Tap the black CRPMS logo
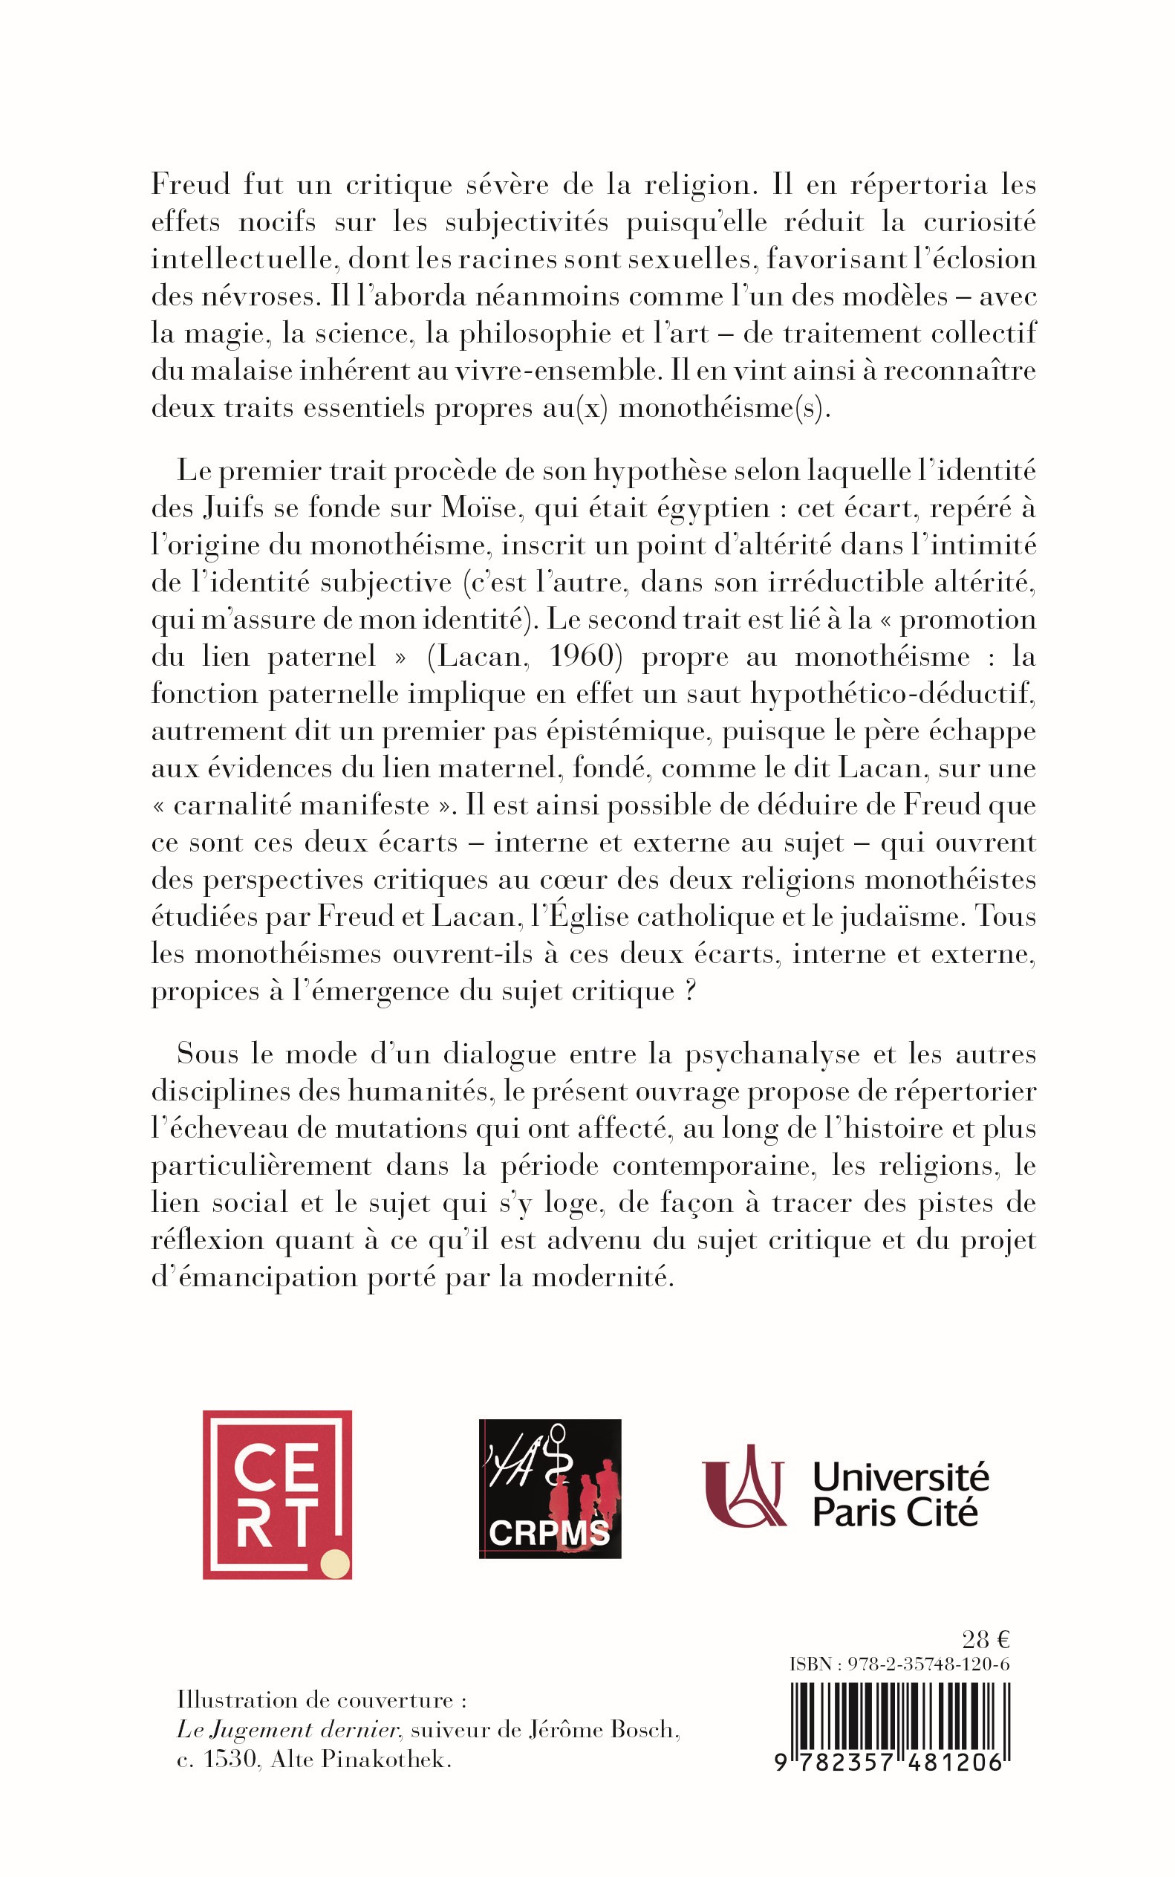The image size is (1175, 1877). (550, 1489)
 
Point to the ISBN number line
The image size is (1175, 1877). (899, 1664)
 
